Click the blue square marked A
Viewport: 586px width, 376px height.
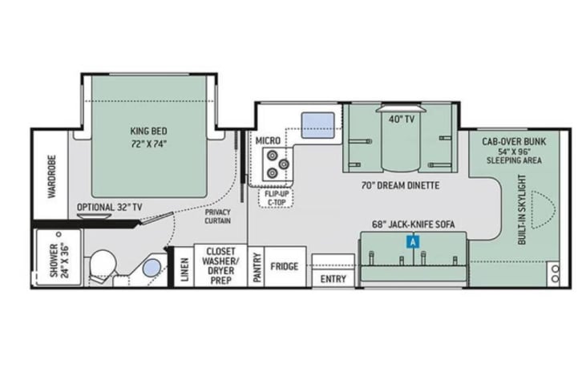[x=413, y=242]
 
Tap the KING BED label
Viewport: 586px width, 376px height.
[x=149, y=131]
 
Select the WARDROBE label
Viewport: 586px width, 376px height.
[x=52, y=176]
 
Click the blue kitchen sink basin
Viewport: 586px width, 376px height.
[x=318, y=125]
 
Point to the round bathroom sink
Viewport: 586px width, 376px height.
[x=152, y=268]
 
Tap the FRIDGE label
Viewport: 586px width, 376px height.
[x=285, y=266]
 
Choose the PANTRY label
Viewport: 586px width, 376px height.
[x=257, y=267]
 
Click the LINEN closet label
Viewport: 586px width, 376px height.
[x=184, y=269]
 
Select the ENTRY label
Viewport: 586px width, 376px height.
[x=333, y=279]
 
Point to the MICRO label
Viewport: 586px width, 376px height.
[x=268, y=141]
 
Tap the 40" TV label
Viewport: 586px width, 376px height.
[x=402, y=119]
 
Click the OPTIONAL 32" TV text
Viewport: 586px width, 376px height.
[x=110, y=208]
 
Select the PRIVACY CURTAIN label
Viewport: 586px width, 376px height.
[x=217, y=216]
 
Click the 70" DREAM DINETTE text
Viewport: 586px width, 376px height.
[x=400, y=185]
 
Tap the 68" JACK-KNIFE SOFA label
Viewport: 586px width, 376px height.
[x=414, y=224]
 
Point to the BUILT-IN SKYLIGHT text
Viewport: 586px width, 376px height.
[x=522, y=210]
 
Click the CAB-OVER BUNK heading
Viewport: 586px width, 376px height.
[x=514, y=142]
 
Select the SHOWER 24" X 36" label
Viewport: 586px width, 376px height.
[x=59, y=261]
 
